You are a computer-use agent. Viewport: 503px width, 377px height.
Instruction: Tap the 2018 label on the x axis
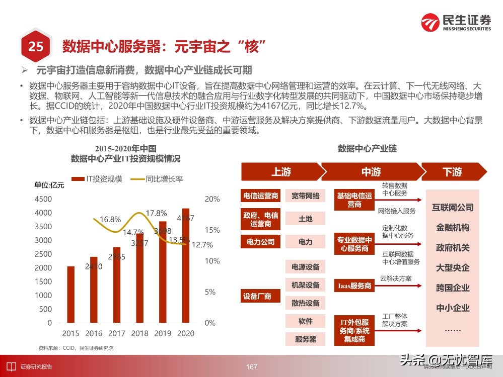(x=140, y=333)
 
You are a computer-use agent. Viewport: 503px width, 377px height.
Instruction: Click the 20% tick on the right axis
(x=212, y=199)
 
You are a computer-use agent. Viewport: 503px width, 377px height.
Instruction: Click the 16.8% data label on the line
(x=110, y=219)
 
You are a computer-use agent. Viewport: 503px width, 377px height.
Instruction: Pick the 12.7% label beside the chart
(x=203, y=245)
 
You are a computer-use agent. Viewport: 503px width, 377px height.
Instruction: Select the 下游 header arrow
(x=452, y=172)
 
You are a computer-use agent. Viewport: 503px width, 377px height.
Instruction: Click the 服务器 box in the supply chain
(x=305, y=339)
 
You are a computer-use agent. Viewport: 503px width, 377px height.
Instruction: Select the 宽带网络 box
(x=305, y=196)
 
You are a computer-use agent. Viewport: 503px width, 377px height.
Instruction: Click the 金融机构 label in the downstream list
(x=453, y=228)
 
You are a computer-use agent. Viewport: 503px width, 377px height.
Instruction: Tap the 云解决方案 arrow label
(x=396, y=278)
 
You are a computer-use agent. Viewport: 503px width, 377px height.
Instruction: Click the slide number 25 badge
(x=35, y=47)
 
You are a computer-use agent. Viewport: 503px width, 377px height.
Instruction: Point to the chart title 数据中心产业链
(x=367, y=149)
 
